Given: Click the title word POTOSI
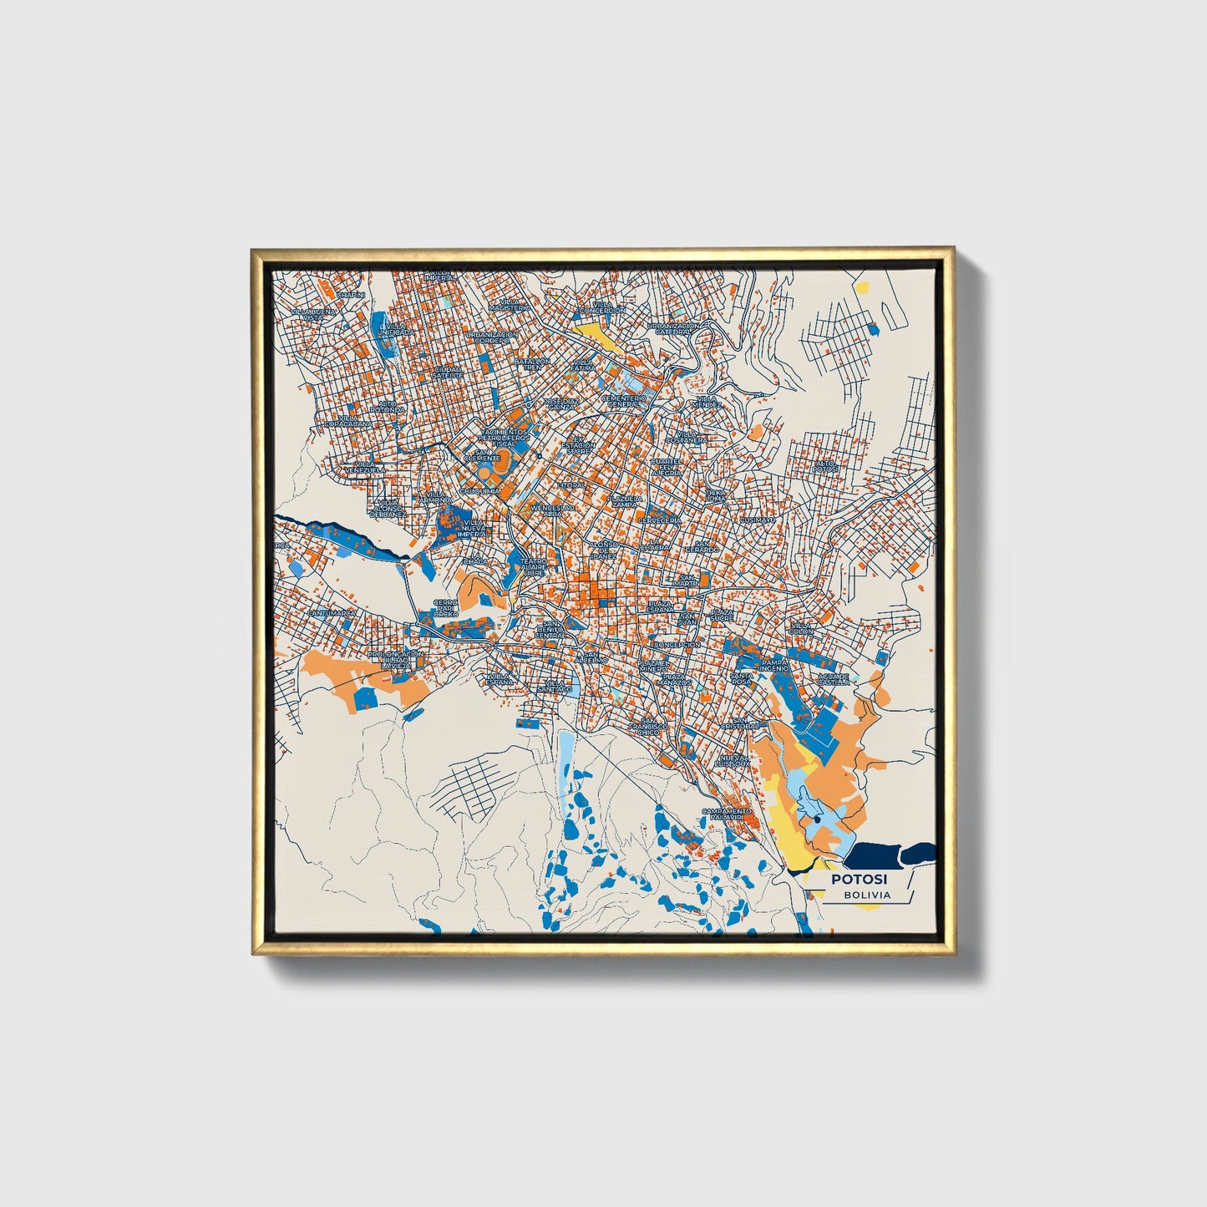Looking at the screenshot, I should (x=859, y=879).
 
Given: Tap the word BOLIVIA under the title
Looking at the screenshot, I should (x=866, y=895).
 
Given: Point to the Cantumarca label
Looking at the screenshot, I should (x=332, y=613).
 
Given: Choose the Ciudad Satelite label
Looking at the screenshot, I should (x=448, y=372).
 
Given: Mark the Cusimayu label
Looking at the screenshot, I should (x=758, y=519).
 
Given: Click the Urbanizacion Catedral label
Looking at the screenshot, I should (x=673, y=328).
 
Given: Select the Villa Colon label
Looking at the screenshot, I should (x=800, y=626).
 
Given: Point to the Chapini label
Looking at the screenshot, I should (x=351, y=294).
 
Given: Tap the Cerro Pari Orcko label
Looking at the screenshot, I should (x=445, y=608).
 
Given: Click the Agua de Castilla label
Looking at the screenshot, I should (x=834, y=678).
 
